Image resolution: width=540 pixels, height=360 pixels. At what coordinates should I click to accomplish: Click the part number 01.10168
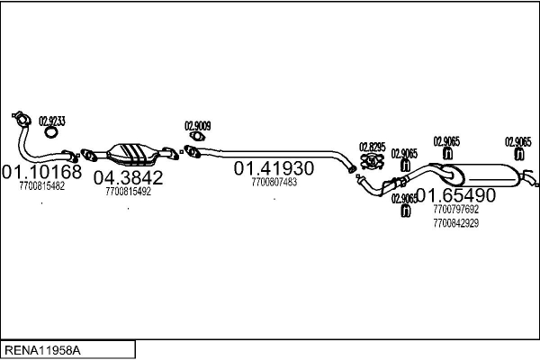(x=41, y=171)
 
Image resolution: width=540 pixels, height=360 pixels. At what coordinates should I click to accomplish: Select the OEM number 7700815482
(x=41, y=186)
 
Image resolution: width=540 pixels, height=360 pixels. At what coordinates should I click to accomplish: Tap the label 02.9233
(x=52, y=121)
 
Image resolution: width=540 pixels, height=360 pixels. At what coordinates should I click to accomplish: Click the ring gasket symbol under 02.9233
(x=51, y=132)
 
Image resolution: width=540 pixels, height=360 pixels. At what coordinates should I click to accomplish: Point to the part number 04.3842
(x=128, y=177)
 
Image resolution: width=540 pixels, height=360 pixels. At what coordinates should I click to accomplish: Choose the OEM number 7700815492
(x=128, y=192)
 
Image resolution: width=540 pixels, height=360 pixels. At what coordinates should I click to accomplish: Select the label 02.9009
(x=198, y=126)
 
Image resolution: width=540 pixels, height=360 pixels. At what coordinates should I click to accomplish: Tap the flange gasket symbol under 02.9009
(x=197, y=137)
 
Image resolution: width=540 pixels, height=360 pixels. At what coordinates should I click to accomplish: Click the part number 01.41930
(x=274, y=168)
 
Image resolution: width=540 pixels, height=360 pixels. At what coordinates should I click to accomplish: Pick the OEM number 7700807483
(x=274, y=182)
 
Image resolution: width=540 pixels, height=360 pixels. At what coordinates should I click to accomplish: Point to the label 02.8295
(x=373, y=147)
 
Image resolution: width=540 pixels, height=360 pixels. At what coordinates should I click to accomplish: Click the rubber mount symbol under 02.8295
(x=372, y=161)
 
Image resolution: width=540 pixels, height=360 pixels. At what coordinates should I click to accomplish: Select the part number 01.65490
(x=456, y=195)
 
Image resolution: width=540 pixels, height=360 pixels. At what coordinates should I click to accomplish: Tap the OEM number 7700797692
(x=456, y=209)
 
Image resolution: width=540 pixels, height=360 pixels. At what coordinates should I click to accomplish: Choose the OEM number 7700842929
(x=456, y=223)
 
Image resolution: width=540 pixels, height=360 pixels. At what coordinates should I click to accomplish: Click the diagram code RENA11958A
(x=42, y=350)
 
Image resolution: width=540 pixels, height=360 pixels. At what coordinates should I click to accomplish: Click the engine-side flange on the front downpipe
(x=22, y=119)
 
